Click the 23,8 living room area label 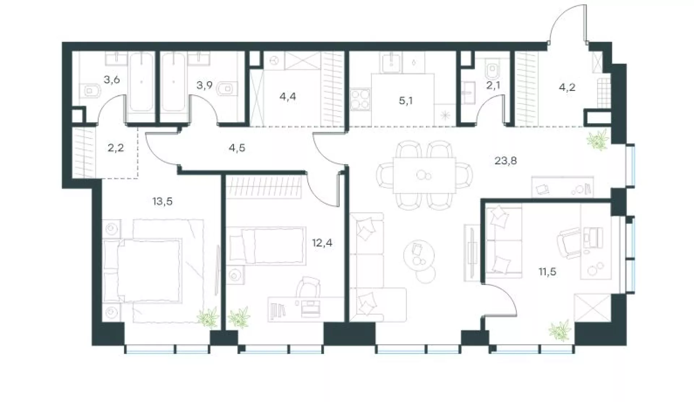(x=506, y=161)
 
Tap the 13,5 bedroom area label (x=162, y=201)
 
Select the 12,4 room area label (x=322, y=242)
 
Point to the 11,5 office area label (x=548, y=271)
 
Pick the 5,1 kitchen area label (x=406, y=101)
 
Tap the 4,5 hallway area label (x=237, y=148)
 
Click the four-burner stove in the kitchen (x=360, y=99)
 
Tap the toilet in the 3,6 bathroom (x=91, y=91)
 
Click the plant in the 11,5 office (x=560, y=331)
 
